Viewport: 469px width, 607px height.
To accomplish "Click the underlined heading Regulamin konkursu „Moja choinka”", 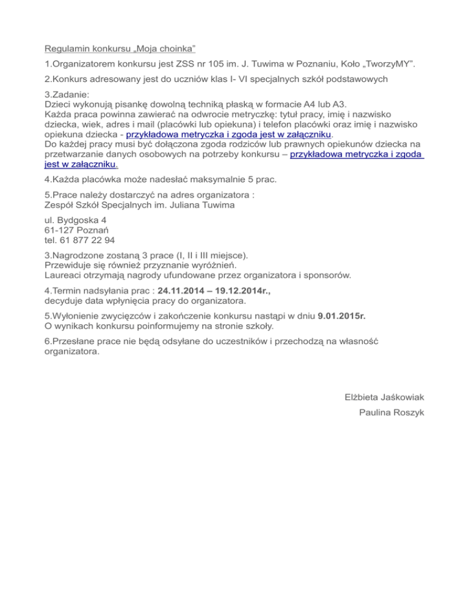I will [x=120, y=48].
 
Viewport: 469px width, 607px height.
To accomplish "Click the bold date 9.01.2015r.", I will [x=346, y=316].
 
